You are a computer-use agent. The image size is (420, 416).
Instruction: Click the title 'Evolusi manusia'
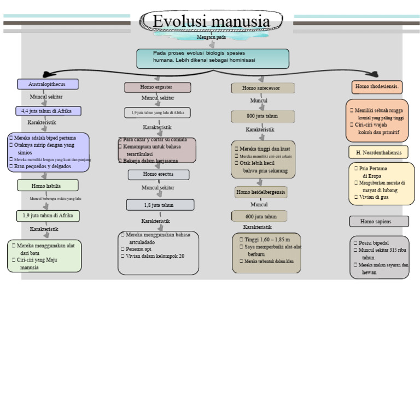[211, 21]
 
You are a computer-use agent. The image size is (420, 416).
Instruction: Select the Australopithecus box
[48, 85]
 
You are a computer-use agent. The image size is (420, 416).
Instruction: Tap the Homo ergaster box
[157, 87]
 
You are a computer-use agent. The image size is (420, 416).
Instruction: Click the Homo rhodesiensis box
[377, 87]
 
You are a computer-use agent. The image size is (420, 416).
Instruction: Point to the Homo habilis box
[47, 186]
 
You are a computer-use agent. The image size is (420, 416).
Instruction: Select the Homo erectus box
[159, 175]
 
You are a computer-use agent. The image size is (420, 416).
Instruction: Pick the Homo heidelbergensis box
[261, 192]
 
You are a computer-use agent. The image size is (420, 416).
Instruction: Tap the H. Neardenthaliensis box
[378, 152]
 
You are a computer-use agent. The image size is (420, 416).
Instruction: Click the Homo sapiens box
[378, 222]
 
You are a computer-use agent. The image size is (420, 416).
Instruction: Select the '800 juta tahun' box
[262, 116]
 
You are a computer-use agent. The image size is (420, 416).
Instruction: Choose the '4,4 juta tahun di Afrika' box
[48, 111]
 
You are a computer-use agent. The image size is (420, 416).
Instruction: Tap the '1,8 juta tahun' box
[160, 205]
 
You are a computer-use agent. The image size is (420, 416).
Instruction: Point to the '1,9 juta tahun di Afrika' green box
[48, 216]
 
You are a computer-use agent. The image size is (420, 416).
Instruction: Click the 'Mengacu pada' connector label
[211, 38]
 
